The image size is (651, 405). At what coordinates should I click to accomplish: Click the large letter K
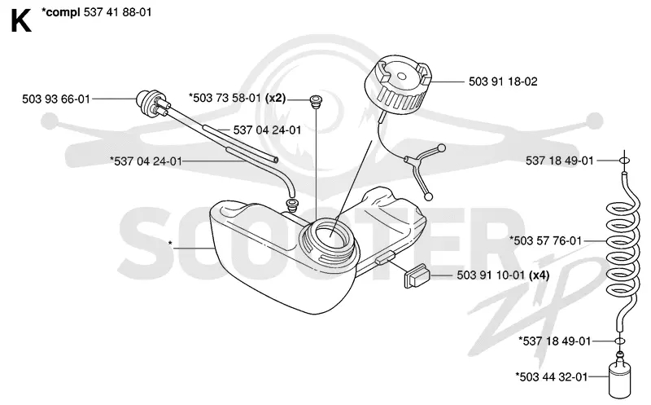coord(21,22)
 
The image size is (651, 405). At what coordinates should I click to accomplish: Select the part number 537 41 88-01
coord(118,12)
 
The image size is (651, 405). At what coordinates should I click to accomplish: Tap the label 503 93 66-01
coord(56,99)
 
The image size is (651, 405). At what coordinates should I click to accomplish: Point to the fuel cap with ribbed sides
coord(397,86)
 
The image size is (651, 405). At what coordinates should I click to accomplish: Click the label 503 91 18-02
coord(503,81)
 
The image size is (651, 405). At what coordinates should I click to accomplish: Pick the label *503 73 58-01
coord(225,98)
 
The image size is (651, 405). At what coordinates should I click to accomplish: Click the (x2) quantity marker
coord(275,98)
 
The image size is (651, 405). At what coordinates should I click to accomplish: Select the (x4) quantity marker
coord(539,275)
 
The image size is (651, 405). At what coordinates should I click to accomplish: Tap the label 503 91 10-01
coord(491,275)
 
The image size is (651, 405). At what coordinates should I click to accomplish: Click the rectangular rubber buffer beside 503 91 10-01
coord(417,275)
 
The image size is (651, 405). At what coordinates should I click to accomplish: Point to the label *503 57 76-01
coord(545,240)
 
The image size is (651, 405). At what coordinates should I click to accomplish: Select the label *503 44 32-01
coord(552,377)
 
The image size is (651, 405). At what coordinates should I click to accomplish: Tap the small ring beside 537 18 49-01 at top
coord(624,161)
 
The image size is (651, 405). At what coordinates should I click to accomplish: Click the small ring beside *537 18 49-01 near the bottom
coord(619,341)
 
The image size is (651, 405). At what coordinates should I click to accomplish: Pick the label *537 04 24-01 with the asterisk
coord(146,161)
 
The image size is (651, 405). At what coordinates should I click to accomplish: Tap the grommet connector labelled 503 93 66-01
coord(152,103)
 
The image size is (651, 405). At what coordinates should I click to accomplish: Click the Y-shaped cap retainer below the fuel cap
coord(422,169)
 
